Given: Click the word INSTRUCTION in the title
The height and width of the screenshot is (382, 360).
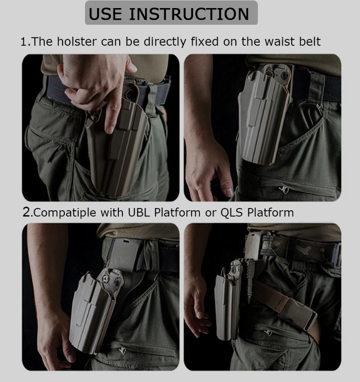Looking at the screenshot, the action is (x=189, y=14).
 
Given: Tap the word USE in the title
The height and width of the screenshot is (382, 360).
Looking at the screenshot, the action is (x=105, y=14).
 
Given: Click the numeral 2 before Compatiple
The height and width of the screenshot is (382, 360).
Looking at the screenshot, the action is (x=27, y=212).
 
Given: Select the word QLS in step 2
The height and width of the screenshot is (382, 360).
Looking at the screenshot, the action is (x=231, y=213).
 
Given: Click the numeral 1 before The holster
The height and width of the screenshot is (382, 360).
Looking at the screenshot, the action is (x=24, y=42).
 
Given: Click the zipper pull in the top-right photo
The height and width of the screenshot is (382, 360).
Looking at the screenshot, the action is (x=283, y=190).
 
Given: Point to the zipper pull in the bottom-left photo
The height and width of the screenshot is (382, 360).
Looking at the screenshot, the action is (x=122, y=351).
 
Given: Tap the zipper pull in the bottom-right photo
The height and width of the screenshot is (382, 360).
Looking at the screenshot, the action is (x=268, y=333).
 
